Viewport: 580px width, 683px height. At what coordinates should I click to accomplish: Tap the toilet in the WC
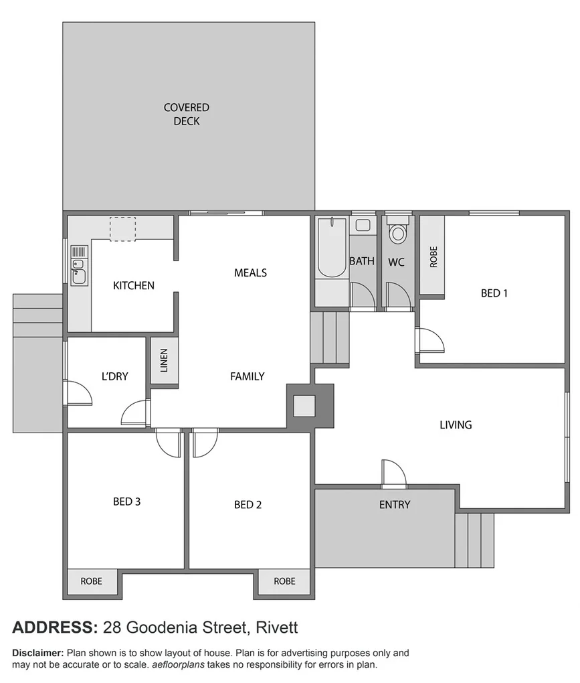[x=397, y=232]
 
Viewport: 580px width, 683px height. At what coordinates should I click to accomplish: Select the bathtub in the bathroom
[x=331, y=247]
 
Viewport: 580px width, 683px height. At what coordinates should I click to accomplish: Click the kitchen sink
[x=78, y=264]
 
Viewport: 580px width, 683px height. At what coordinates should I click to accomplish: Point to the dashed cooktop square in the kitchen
[x=122, y=228]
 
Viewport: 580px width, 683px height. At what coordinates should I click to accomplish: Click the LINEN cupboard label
[x=164, y=361]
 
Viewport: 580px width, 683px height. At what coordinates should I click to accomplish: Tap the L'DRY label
[x=114, y=376]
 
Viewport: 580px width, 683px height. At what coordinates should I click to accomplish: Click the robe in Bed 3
[x=92, y=581]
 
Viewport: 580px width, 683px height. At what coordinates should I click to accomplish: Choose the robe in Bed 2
[x=284, y=581]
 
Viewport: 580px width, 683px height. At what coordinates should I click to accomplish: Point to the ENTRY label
[x=395, y=505]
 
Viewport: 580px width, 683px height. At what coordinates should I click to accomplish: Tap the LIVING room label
[x=456, y=425]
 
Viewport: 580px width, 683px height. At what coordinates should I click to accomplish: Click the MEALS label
[x=250, y=273]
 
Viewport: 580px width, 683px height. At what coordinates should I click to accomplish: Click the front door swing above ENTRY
[x=393, y=473]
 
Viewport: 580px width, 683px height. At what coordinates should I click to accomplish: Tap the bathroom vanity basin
[x=363, y=225]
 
